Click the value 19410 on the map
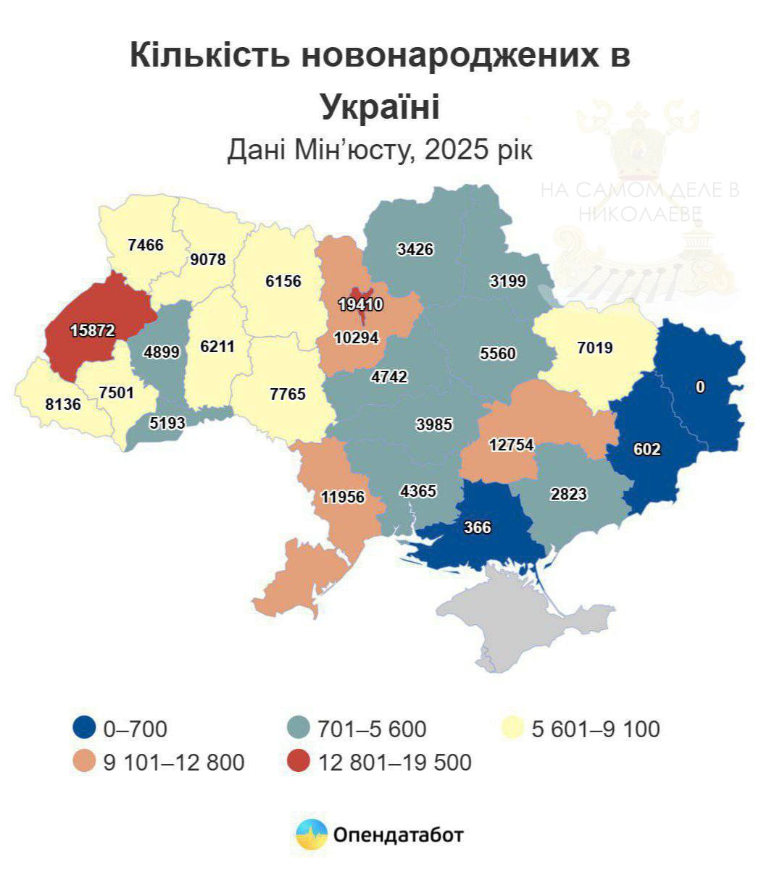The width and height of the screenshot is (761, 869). (360, 305)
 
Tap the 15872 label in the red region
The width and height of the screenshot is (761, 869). (93, 330)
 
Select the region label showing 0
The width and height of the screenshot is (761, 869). (699, 387)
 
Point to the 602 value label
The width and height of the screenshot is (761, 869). (646, 449)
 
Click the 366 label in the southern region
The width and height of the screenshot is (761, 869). (477, 527)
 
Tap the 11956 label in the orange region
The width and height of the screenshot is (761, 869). (344, 497)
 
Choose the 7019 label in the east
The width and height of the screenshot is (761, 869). (594, 348)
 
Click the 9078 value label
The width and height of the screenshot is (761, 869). (208, 259)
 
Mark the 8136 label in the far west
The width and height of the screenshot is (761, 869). (63, 404)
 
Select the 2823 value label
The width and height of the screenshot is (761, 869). (568, 494)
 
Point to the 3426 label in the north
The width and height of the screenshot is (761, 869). (415, 249)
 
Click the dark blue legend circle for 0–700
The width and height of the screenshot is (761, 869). (85, 728)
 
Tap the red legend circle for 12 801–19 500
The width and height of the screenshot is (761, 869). (299, 762)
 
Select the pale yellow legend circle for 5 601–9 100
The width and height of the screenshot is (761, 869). (513, 728)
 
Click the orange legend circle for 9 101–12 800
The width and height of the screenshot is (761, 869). (85, 762)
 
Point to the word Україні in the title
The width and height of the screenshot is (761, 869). (380, 106)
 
